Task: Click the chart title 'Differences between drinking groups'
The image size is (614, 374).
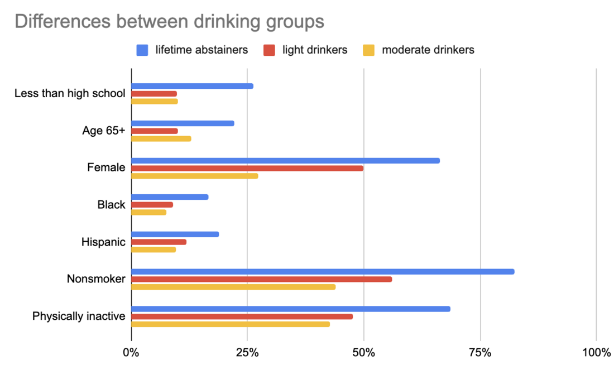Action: point(169,21)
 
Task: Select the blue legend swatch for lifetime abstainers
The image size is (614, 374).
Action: point(142,50)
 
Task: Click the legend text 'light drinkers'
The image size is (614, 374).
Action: point(314,50)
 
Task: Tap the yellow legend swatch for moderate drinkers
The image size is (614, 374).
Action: point(369,50)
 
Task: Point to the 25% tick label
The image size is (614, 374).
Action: point(247,353)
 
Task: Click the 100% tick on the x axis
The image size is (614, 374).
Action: point(596,353)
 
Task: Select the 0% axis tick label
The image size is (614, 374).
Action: point(131,353)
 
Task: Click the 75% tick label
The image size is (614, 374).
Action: point(480,353)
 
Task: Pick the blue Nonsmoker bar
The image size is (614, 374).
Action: point(323,272)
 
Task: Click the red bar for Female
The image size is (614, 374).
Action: point(247,168)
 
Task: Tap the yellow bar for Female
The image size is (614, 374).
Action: point(195,176)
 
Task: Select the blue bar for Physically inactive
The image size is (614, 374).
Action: point(291,309)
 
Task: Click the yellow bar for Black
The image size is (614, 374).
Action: point(149,212)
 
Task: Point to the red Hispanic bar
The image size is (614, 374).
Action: point(159,242)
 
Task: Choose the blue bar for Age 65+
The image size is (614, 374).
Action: point(183,123)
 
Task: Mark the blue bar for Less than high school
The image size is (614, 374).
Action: point(193,86)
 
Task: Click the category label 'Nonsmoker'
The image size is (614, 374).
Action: point(96,279)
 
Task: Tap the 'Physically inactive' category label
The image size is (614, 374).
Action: point(79,316)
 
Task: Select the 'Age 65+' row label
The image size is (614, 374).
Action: point(103,131)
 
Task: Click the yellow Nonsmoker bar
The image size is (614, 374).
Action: point(233,287)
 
